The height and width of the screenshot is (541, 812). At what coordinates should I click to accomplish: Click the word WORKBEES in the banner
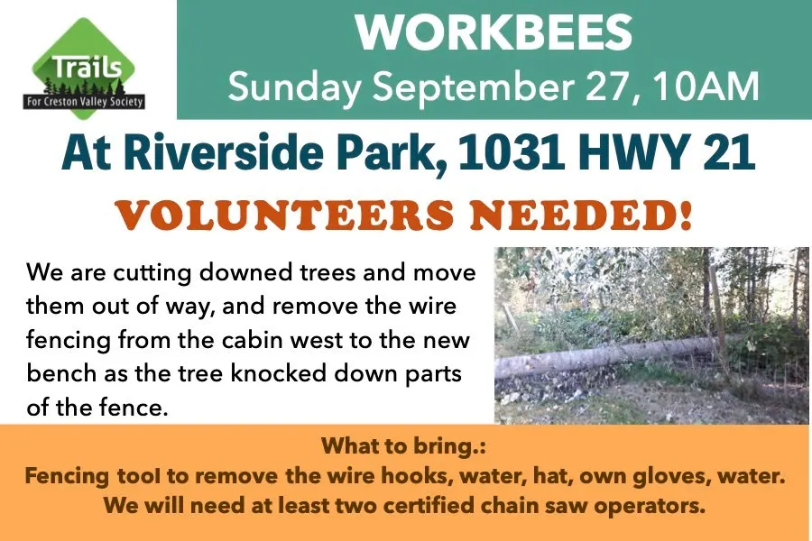coord(494,32)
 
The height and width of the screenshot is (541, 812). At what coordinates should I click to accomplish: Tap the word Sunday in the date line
coord(295,87)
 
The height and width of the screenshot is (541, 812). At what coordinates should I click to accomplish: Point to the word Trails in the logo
coord(87,68)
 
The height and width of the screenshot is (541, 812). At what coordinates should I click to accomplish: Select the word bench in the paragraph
coord(61,372)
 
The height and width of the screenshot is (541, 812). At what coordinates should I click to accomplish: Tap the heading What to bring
coord(404,446)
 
